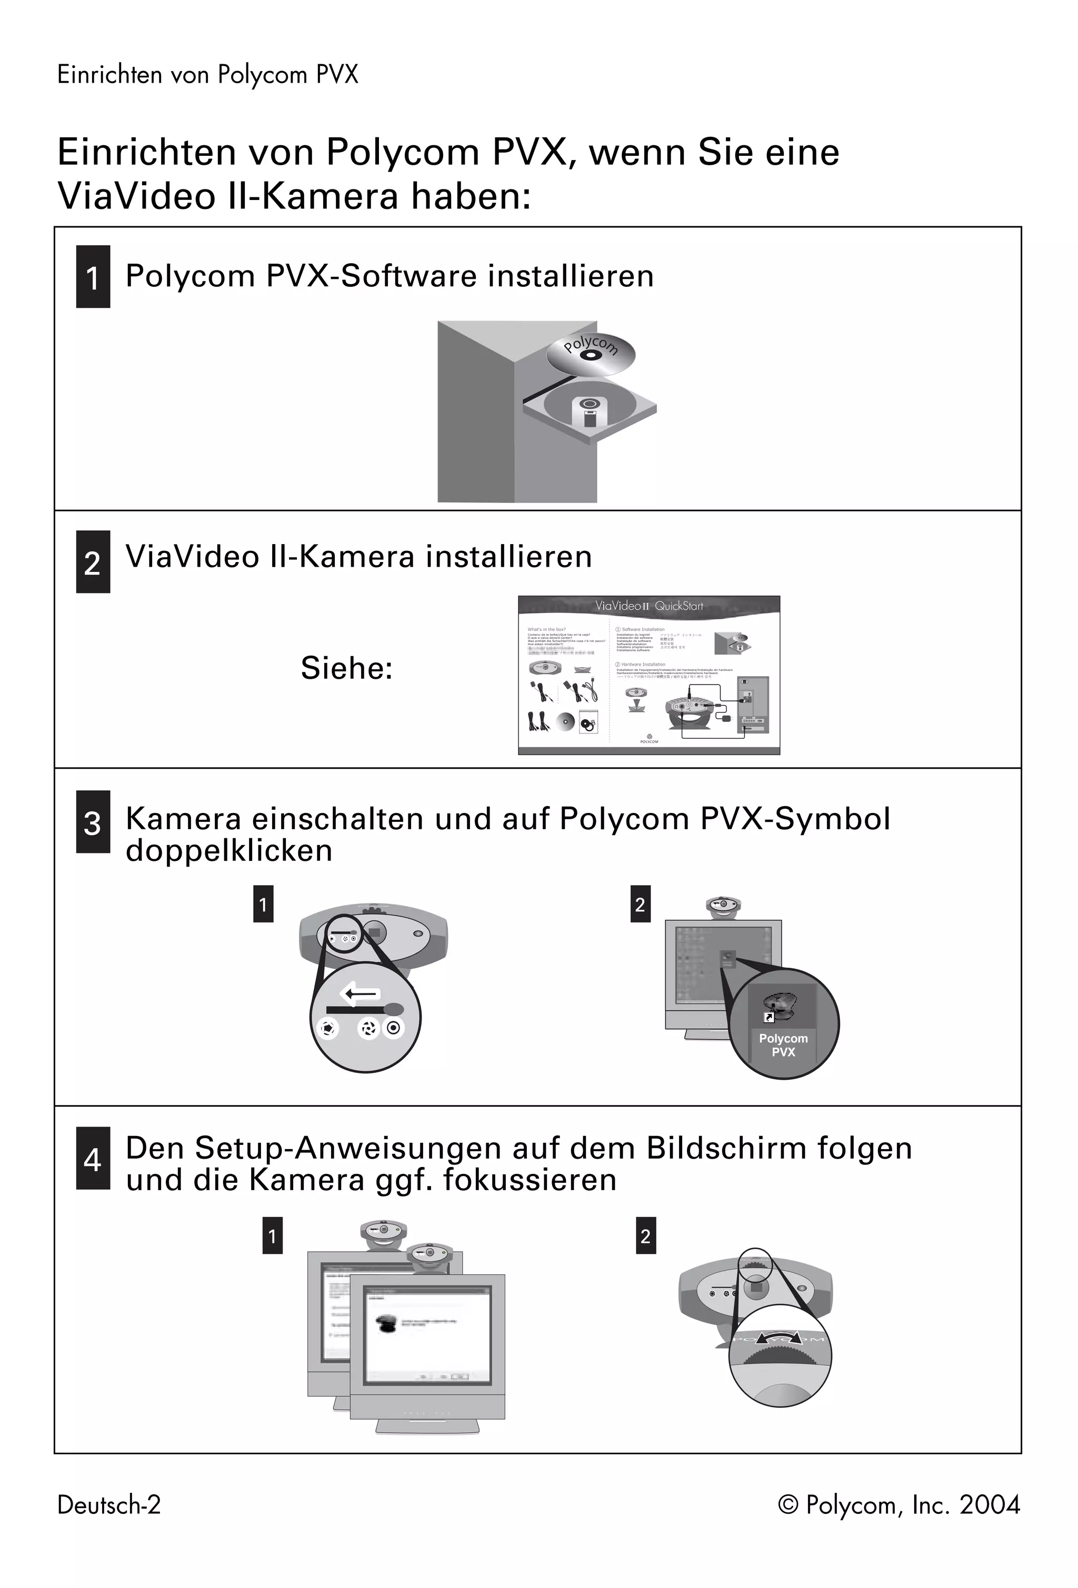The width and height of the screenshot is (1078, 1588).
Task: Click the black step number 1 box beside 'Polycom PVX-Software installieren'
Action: (x=93, y=277)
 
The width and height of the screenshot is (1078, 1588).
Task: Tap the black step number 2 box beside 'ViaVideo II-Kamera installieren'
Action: (x=93, y=561)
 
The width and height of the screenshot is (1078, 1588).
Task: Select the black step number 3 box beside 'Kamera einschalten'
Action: (x=93, y=822)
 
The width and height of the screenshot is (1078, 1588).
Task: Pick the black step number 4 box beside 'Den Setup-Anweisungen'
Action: (x=93, y=1158)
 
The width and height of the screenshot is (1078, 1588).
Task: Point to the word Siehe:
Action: (x=346, y=668)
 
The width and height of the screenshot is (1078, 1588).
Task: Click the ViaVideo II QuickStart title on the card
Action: (x=648, y=606)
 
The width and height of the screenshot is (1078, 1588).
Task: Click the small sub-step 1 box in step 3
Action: (x=263, y=904)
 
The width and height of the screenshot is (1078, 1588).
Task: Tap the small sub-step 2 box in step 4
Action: (x=645, y=1235)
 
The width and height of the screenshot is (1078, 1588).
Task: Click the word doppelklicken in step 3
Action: (x=229, y=851)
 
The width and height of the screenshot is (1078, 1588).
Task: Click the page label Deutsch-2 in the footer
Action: (x=108, y=1505)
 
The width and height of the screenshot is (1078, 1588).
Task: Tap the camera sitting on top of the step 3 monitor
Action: (x=723, y=906)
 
